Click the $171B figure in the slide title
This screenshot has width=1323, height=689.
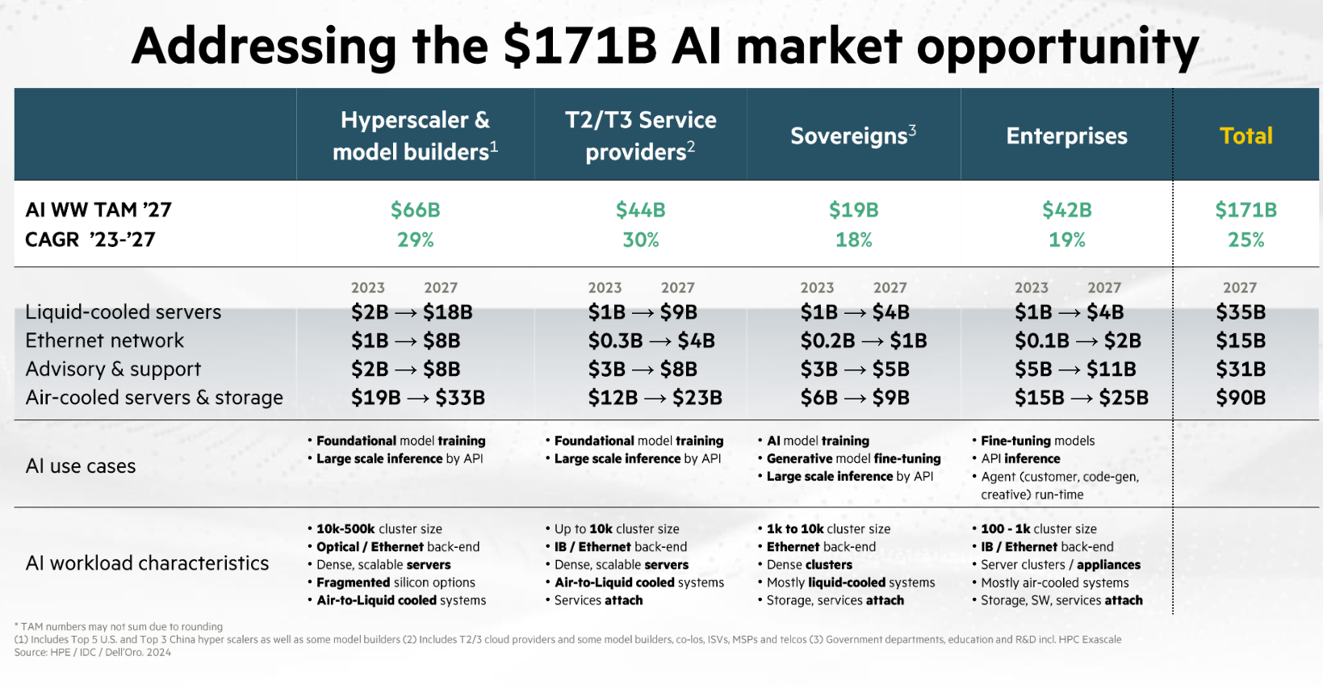click(x=580, y=46)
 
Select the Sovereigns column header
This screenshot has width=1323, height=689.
click(x=853, y=136)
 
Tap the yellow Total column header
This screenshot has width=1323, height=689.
click(x=1246, y=136)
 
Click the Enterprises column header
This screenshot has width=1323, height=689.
click(x=1066, y=136)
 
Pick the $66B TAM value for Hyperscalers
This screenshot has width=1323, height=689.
click(x=415, y=210)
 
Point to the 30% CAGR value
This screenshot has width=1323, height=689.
click(x=640, y=240)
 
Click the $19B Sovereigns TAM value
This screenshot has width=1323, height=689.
click(x=853, y=210)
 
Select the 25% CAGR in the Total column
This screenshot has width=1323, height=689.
click(x=1246, y=240)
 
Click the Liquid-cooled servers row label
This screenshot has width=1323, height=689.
click(x=123, y=312)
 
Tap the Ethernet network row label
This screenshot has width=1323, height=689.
click(x=105, y=340)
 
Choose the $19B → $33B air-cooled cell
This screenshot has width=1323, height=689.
click(x=417, y=398)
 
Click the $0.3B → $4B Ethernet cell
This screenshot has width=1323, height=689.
click(x=651, y=340)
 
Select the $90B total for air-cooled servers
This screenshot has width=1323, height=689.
click(x=1241, y=398)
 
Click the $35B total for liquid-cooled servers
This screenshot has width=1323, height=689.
click(x=1241, y=312)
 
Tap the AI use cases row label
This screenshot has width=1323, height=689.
click(x=81, y=466)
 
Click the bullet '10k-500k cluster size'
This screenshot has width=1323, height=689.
click(x=379, y=529)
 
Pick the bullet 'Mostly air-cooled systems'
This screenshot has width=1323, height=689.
click(x=1054, y=583)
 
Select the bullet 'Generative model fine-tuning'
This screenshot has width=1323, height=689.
click(x=853, y=458)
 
